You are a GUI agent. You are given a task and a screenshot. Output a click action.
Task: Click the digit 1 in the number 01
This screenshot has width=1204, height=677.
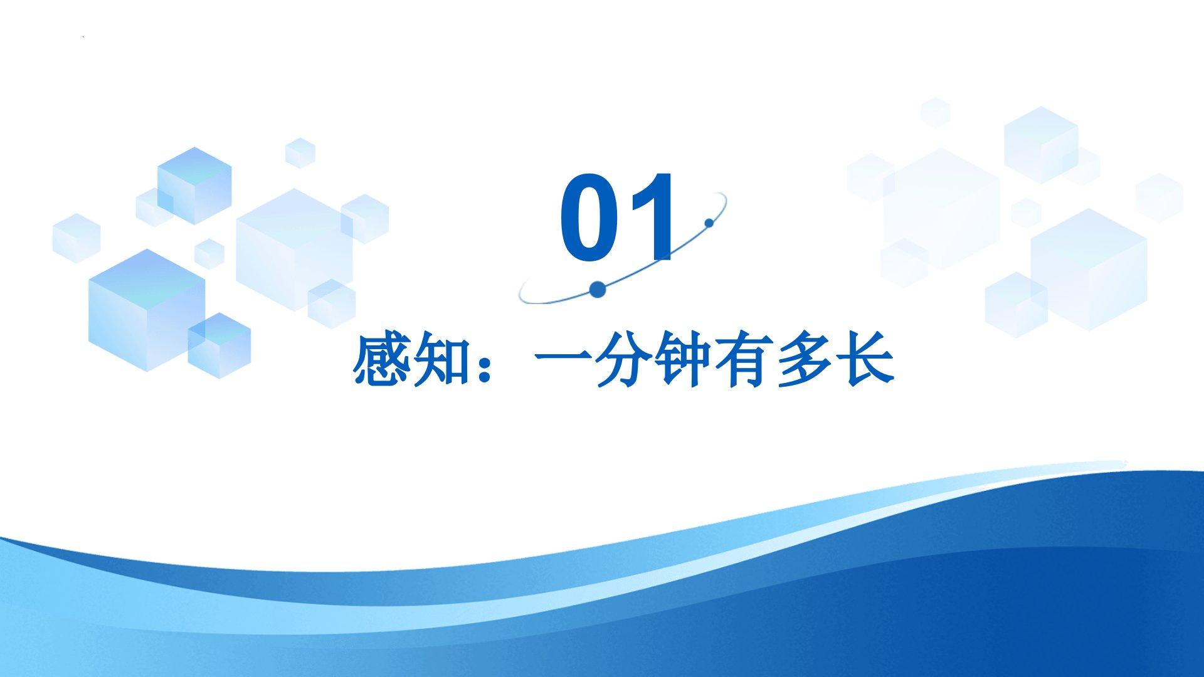tap(655, 217)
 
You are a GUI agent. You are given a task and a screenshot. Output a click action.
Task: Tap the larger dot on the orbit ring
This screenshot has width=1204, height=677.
tap(598, 289)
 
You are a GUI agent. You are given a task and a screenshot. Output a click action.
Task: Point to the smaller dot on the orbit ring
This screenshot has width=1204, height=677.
tap(709, 223)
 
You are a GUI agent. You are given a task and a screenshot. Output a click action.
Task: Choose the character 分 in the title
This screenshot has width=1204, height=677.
tap(621, 360)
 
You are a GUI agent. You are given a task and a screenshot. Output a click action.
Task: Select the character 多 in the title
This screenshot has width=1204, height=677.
tap(802, 360)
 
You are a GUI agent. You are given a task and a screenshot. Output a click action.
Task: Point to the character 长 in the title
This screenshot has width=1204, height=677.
tap(863, 360)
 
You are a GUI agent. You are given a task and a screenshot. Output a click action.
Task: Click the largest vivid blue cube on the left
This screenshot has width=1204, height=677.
tap(147, 310)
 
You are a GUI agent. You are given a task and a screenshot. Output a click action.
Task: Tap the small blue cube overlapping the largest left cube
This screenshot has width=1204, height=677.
tap(219, 344)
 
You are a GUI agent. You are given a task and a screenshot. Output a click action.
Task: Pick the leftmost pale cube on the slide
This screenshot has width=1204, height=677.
tap(77, 238)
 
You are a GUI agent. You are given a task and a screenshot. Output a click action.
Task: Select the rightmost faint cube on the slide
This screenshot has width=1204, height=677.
tap(1159, 197)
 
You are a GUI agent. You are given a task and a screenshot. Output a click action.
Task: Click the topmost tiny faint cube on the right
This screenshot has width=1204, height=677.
tap(935, 113)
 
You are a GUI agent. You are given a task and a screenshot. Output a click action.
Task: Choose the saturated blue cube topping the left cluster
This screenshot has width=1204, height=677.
tap(194, 186)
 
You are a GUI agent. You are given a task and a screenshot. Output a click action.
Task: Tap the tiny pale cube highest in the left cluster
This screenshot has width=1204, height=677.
tap(300, 152)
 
